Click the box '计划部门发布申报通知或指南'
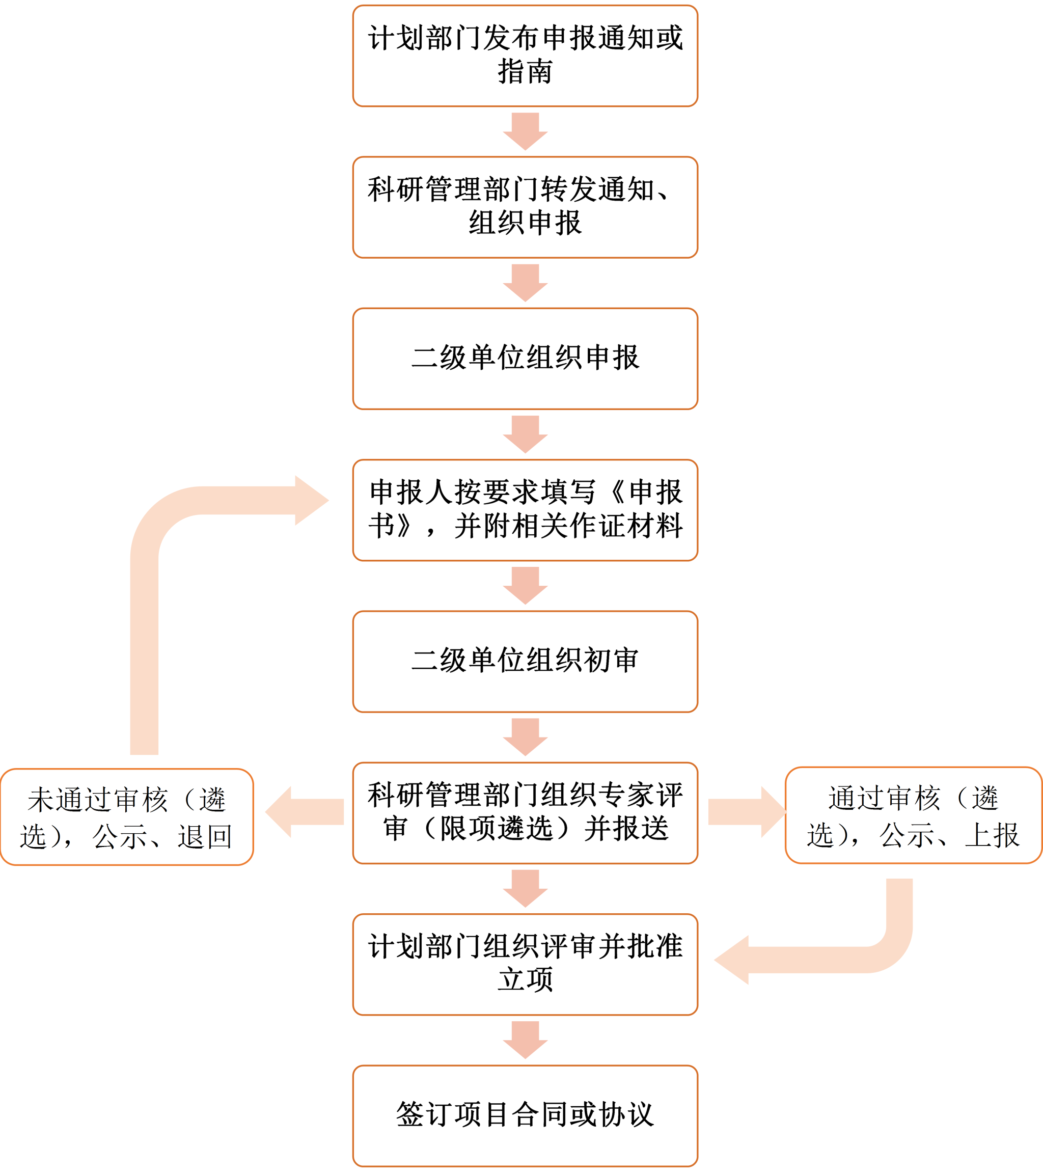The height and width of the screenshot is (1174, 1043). [525, 56]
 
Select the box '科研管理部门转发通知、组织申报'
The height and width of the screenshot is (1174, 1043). [525, 207]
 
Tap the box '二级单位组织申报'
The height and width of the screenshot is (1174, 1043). [525, 359]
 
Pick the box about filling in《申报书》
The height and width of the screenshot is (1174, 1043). [525, 509]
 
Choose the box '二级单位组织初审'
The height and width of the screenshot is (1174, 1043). [525, 661]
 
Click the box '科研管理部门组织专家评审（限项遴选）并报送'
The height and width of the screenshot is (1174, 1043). [525, 813]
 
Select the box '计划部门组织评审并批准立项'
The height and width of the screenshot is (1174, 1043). [525, 964]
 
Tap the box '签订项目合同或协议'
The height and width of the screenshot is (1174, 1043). [525, 1115]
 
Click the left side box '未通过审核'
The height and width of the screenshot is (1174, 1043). [126, 816]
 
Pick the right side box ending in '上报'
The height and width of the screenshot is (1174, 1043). [913, 815]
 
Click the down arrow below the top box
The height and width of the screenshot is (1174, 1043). [525, 131]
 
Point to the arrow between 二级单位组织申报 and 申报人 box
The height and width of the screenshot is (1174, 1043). [525, 434]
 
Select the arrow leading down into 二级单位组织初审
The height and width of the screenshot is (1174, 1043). [525, 586]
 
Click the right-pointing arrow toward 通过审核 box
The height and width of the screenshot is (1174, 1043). [747, 812]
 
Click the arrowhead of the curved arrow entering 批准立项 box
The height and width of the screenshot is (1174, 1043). [733, 960]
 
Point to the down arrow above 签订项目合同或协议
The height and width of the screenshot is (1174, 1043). [525, 1040]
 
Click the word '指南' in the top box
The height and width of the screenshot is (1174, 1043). [525, 72]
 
